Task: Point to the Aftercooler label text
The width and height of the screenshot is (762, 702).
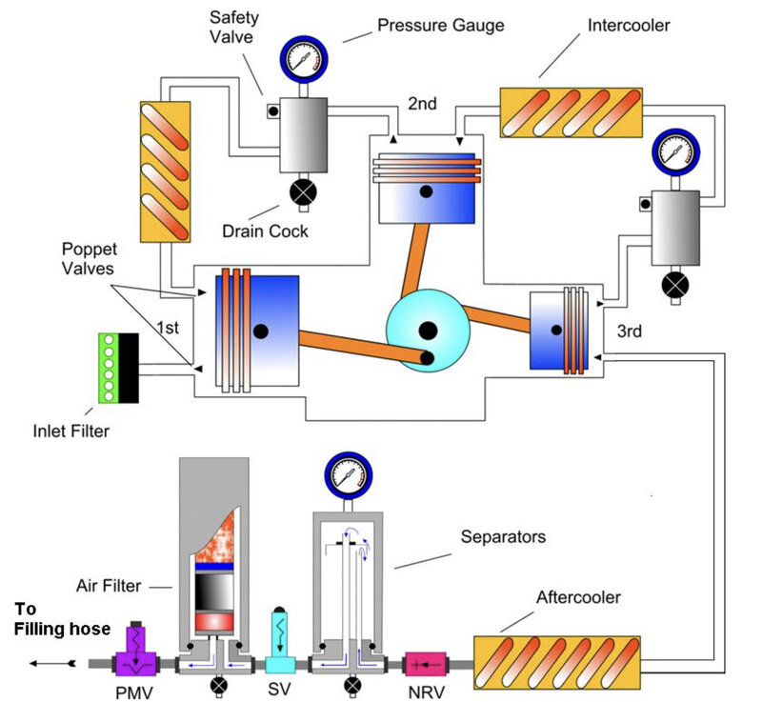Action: coord(578,598)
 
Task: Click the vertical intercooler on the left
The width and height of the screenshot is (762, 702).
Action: coord(166,170)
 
